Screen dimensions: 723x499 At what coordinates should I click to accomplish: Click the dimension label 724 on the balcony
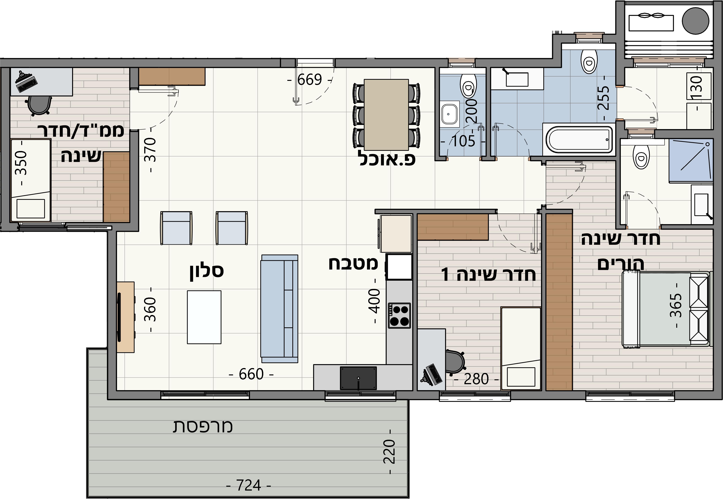(x=248, y=485)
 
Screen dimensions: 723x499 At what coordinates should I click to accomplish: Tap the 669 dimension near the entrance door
(x=309, y=80)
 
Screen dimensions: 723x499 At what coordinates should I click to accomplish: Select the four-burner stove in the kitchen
(x=399, y=316)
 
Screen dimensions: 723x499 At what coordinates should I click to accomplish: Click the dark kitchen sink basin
(x=358, y=378)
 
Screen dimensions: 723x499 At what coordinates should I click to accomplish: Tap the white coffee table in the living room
(x=204, y=317)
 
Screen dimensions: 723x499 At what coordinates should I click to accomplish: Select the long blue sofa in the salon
(x=279, y=309)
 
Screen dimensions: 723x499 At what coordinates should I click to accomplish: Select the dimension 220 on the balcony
(x=390, y=452)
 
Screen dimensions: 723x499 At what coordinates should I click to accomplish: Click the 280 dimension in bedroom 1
(x=476, y=379)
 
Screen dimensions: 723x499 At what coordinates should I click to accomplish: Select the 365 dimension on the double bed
(x=676, y=305)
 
